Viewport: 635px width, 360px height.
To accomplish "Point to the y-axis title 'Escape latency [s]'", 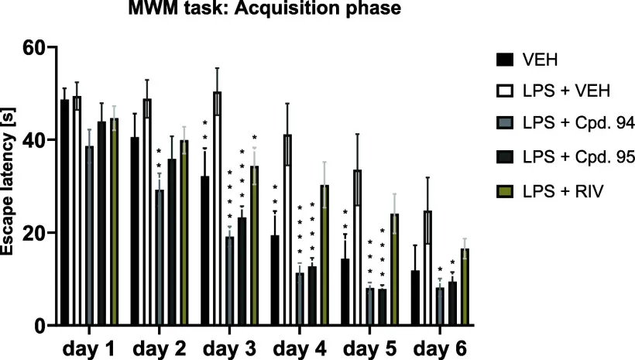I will tap(12, 186).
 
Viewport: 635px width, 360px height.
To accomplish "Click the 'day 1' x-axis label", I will tap(89, 345).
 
